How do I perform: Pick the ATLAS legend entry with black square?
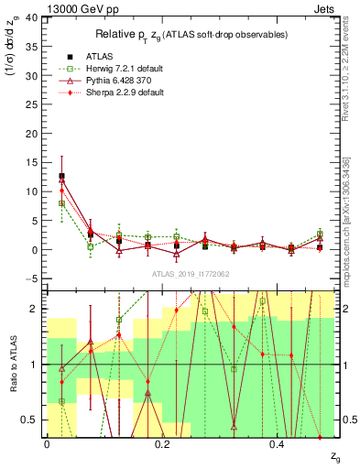99,56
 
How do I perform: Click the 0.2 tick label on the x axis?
162,443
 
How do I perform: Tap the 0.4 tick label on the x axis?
278,443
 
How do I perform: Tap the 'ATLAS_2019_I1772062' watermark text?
191,273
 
